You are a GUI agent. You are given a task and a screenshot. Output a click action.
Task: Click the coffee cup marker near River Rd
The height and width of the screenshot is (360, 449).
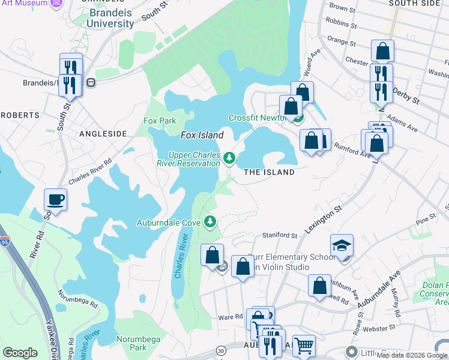[x=55, y=199]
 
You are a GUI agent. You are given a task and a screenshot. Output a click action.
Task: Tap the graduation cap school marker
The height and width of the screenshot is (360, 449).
[x=342, y=245]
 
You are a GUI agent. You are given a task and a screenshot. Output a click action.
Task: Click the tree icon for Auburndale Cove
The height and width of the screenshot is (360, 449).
[x=210, y=222]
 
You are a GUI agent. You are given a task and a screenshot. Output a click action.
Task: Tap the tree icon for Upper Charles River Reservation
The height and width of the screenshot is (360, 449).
[x=229, y=158]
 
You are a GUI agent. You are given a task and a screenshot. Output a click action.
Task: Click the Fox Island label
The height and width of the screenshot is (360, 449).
[x=202, y=135]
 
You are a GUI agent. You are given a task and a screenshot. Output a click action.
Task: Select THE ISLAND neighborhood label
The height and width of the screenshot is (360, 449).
[x=269, y=172]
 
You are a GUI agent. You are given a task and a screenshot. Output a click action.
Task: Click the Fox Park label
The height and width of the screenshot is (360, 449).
[x=160, y=121]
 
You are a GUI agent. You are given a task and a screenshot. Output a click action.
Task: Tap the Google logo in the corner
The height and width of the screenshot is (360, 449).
[x=20, y=353]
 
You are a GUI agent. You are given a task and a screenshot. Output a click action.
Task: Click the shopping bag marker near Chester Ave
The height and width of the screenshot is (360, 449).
[x=382, y=51]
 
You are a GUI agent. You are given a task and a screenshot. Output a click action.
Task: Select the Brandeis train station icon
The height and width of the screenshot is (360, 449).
[x=91, y=82]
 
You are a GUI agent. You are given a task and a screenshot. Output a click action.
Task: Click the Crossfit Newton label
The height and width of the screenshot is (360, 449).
[x=256, y=118]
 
